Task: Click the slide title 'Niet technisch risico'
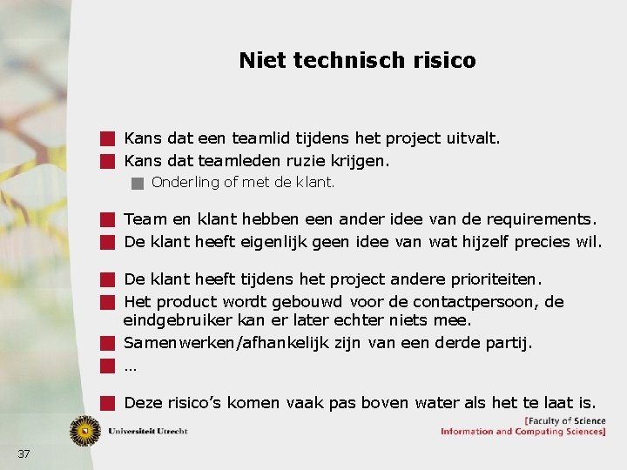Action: pyautogui.click(x=357, y=60)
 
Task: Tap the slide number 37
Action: pyautogui.click(x=24, y=453)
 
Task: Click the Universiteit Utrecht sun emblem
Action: pyautogui.click(x=85, y=430)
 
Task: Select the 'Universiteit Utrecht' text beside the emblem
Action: pyautogui.click(x=147, y=431)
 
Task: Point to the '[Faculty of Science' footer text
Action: pyautogui.click(x=564, y=421)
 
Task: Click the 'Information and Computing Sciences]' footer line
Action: pyautogui.click(x=523, y=432)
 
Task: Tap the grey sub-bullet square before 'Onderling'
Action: pyautogui.click(x=136, y=183)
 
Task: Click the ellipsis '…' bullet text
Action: pyautogui.click(x=131, y=366)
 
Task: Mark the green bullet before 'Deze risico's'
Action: pyautogui.click(x=107, y=403)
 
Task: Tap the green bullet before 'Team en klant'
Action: pyautogui.click(x=107, y=219)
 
